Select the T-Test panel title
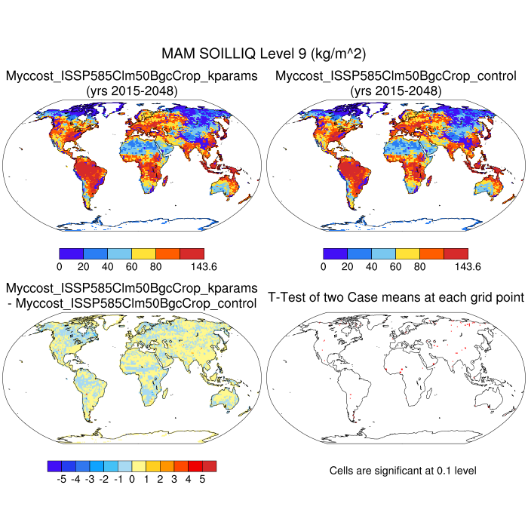tap(396, 297)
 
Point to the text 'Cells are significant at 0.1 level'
tap(403, 471)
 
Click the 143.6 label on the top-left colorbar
tap(204, 266)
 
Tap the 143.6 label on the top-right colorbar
tap(468, 266)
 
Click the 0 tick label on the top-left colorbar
tap(59, 266)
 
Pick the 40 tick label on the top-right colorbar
tap(371, 266)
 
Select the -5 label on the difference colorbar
tap(61, 479)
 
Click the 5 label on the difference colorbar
tap(202, 479)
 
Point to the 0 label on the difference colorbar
tap(132, 479)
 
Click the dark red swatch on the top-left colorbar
tap(192, 253)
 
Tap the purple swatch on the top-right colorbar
tap(335, 253)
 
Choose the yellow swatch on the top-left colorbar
tap(143, 253)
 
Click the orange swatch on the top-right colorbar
tap(431, 253)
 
